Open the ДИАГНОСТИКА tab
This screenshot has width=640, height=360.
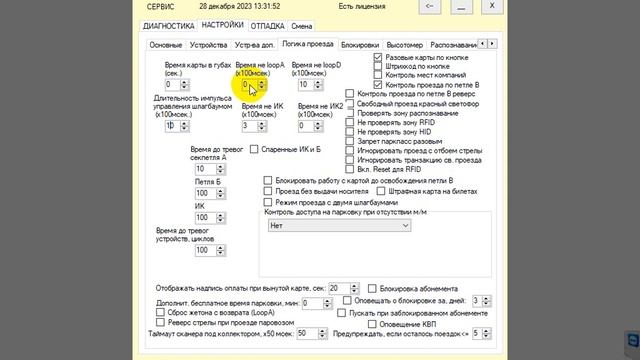click(168, 24)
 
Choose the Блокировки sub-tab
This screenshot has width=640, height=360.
click(360, 45)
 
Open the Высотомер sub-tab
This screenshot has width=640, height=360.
click(404, 45)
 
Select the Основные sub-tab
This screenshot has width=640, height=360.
click(166, 45)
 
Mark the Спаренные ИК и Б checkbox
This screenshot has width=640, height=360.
click(253, 149)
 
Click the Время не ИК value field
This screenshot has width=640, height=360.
click(250, 125)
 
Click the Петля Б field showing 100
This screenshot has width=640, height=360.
click(202, 193)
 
